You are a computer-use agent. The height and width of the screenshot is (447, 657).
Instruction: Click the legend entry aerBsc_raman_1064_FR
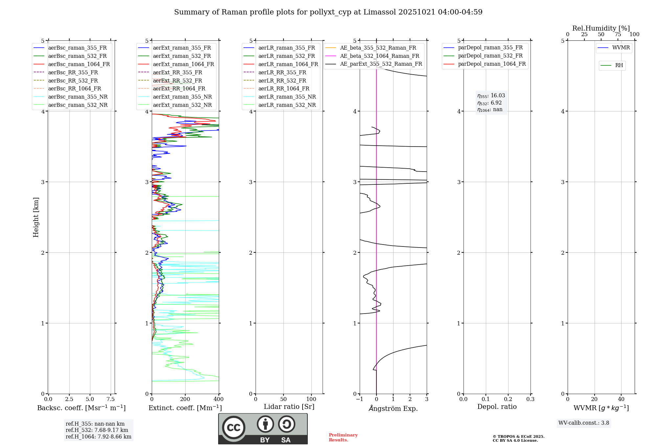coord(79,64)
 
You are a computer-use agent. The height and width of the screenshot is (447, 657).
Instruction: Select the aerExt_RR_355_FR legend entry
coord(177,73)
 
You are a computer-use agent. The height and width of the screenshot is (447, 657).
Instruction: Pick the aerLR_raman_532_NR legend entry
coord(287,105)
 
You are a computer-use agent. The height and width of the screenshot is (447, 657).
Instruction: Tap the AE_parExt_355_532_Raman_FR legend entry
coord(381,64)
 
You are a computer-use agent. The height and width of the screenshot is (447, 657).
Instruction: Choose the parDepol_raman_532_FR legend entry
coord(490,56)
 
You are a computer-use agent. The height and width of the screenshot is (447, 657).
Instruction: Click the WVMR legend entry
coord(621,48)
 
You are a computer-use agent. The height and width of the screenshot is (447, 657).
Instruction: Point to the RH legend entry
coord(619,65)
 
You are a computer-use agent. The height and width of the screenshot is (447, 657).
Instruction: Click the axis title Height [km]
coord(36,217)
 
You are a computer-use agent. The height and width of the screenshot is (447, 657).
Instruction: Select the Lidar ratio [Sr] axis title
coord(289,407)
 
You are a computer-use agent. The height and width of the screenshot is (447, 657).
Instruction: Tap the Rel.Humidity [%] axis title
coord(601,28)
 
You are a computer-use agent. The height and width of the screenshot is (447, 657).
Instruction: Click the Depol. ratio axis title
coord(497,407)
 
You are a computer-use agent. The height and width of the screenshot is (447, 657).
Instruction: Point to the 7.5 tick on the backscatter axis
coord(111,399)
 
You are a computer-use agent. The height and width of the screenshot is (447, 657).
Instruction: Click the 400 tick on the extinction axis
coord(219,399)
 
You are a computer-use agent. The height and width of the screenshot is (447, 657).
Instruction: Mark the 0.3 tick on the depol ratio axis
coord(530,399)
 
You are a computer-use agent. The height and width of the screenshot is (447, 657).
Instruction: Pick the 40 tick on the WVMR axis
coord(621,399)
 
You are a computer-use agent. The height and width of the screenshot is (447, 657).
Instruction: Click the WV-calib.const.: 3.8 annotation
coord(584,423)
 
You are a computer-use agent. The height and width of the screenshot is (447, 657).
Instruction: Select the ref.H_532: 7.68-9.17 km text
coord(97,430)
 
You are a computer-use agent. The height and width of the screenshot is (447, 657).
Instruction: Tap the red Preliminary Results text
coord(343,437)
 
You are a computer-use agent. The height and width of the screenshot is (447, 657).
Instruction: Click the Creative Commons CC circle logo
coord(234,428)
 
